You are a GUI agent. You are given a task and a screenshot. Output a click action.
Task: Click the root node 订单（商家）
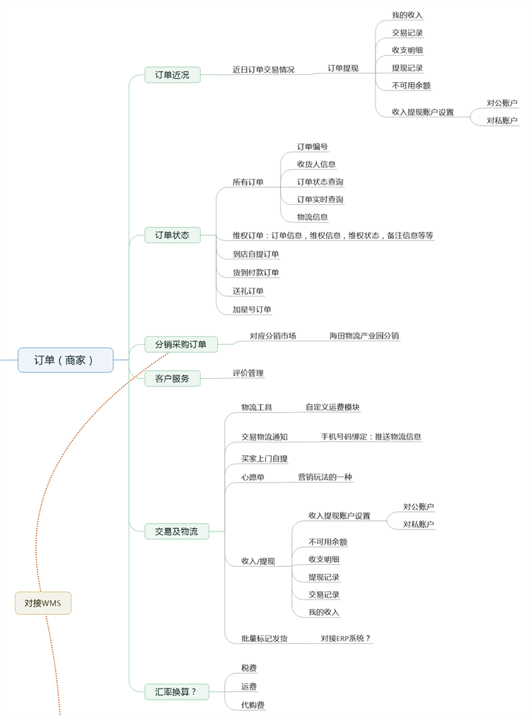(65, 360)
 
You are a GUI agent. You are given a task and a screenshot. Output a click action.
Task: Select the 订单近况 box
(172, 74)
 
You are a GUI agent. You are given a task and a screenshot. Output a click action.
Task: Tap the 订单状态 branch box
(172, 235)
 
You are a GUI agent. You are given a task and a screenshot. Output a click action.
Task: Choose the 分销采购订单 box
(180, 344)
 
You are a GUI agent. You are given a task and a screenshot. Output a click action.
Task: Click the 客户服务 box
(172, 378)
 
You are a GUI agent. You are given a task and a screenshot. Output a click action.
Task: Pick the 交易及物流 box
(176, 531)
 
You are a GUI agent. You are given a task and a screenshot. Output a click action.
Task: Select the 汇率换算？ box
(176, 692)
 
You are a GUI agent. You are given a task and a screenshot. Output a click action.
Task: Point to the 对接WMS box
(43, 603)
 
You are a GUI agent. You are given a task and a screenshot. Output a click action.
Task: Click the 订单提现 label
(343, 69)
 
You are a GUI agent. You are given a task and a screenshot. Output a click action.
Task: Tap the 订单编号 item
(312, 147)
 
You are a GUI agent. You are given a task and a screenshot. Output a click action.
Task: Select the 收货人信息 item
(316, 164)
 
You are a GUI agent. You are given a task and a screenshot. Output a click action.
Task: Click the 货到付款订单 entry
(256, 272)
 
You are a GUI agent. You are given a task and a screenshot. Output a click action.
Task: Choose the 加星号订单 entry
(252, 309)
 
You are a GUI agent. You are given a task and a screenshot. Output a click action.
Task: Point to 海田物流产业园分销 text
(364, 336)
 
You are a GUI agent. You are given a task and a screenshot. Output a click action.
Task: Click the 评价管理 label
(248, 372)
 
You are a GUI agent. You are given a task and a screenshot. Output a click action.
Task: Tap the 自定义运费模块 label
(332, 407)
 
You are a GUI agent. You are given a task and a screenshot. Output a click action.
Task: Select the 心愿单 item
(252, 477)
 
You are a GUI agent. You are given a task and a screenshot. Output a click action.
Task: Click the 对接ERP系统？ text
(346, 638)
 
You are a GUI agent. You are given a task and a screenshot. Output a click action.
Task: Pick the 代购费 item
(253, 705)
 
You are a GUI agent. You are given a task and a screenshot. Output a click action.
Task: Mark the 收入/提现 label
(257, 561)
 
